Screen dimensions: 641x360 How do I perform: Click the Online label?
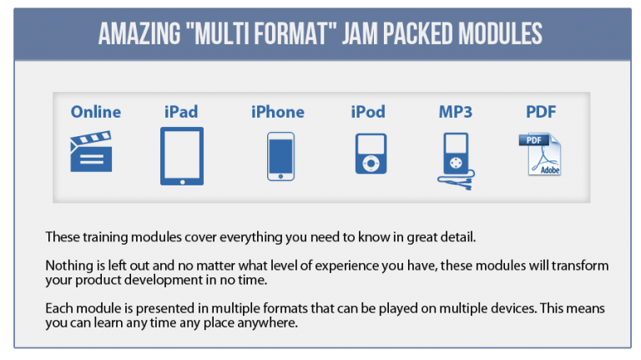click(x=96, y=112)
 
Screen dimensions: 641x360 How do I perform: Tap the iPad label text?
click(x=181, y=112)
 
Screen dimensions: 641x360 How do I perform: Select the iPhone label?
click(x=278, y=112)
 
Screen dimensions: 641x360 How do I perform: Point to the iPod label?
click(x=368, y=112)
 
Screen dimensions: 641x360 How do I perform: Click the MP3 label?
click(x=456, y=112)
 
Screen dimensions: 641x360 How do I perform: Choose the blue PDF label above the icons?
click(x=541, y=112)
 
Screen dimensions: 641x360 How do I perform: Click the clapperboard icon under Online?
click(x=91, y=151)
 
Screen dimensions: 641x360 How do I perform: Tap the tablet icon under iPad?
click(x=182, y=156)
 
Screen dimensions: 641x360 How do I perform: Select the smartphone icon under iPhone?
click(x=280, y=156)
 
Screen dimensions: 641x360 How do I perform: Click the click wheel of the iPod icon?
click(x=371, y=163)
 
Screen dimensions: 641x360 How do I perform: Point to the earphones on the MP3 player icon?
click(x=457, y=180)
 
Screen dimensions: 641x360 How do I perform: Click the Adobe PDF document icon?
click(x=541, y=155)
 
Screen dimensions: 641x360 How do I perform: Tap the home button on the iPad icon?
click(x=182, y=181)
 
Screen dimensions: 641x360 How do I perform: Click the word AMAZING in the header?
click(x=139, y=33)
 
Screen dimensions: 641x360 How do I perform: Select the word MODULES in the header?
click(x=501, y=33)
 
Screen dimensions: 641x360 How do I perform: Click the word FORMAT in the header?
click(x=292, y=33)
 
